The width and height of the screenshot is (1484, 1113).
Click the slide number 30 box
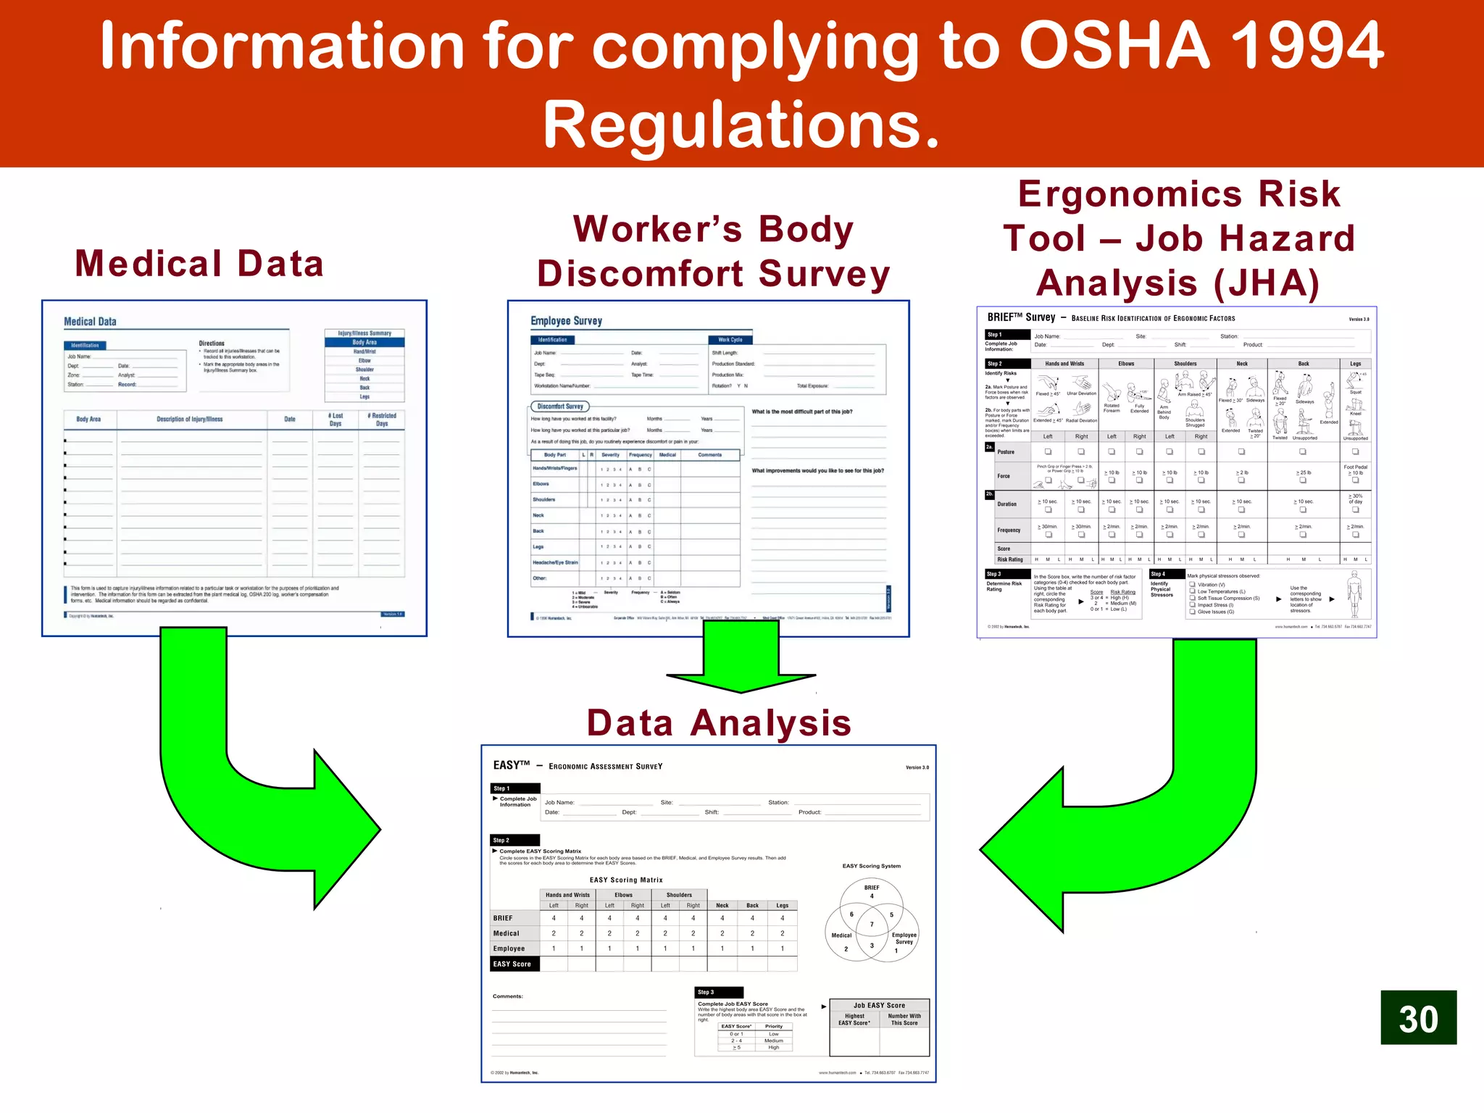click(x=1418, y=1017)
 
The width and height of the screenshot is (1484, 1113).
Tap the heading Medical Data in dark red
click(x=199, y=263)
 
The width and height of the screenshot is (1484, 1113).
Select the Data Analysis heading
click(x=719, y=722)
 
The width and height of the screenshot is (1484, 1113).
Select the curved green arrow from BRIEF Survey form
click(x=1174, y=797)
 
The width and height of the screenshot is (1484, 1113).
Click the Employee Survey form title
click(x=566, y=321)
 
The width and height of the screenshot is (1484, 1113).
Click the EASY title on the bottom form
click(x=512, y=765)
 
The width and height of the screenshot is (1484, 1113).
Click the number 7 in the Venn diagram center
click(x=872, y=925)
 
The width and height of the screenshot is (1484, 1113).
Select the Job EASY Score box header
click(x=879, y=1005)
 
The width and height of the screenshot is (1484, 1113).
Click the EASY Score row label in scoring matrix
click(x=512, y=964)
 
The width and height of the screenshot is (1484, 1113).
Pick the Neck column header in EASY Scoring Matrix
click(x=722, y=905)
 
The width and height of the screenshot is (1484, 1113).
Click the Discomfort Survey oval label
click(x=560, y=407)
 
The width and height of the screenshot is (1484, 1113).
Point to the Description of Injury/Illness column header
click(x=190, y=419)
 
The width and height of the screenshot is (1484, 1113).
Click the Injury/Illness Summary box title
click(x=364, y=333)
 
